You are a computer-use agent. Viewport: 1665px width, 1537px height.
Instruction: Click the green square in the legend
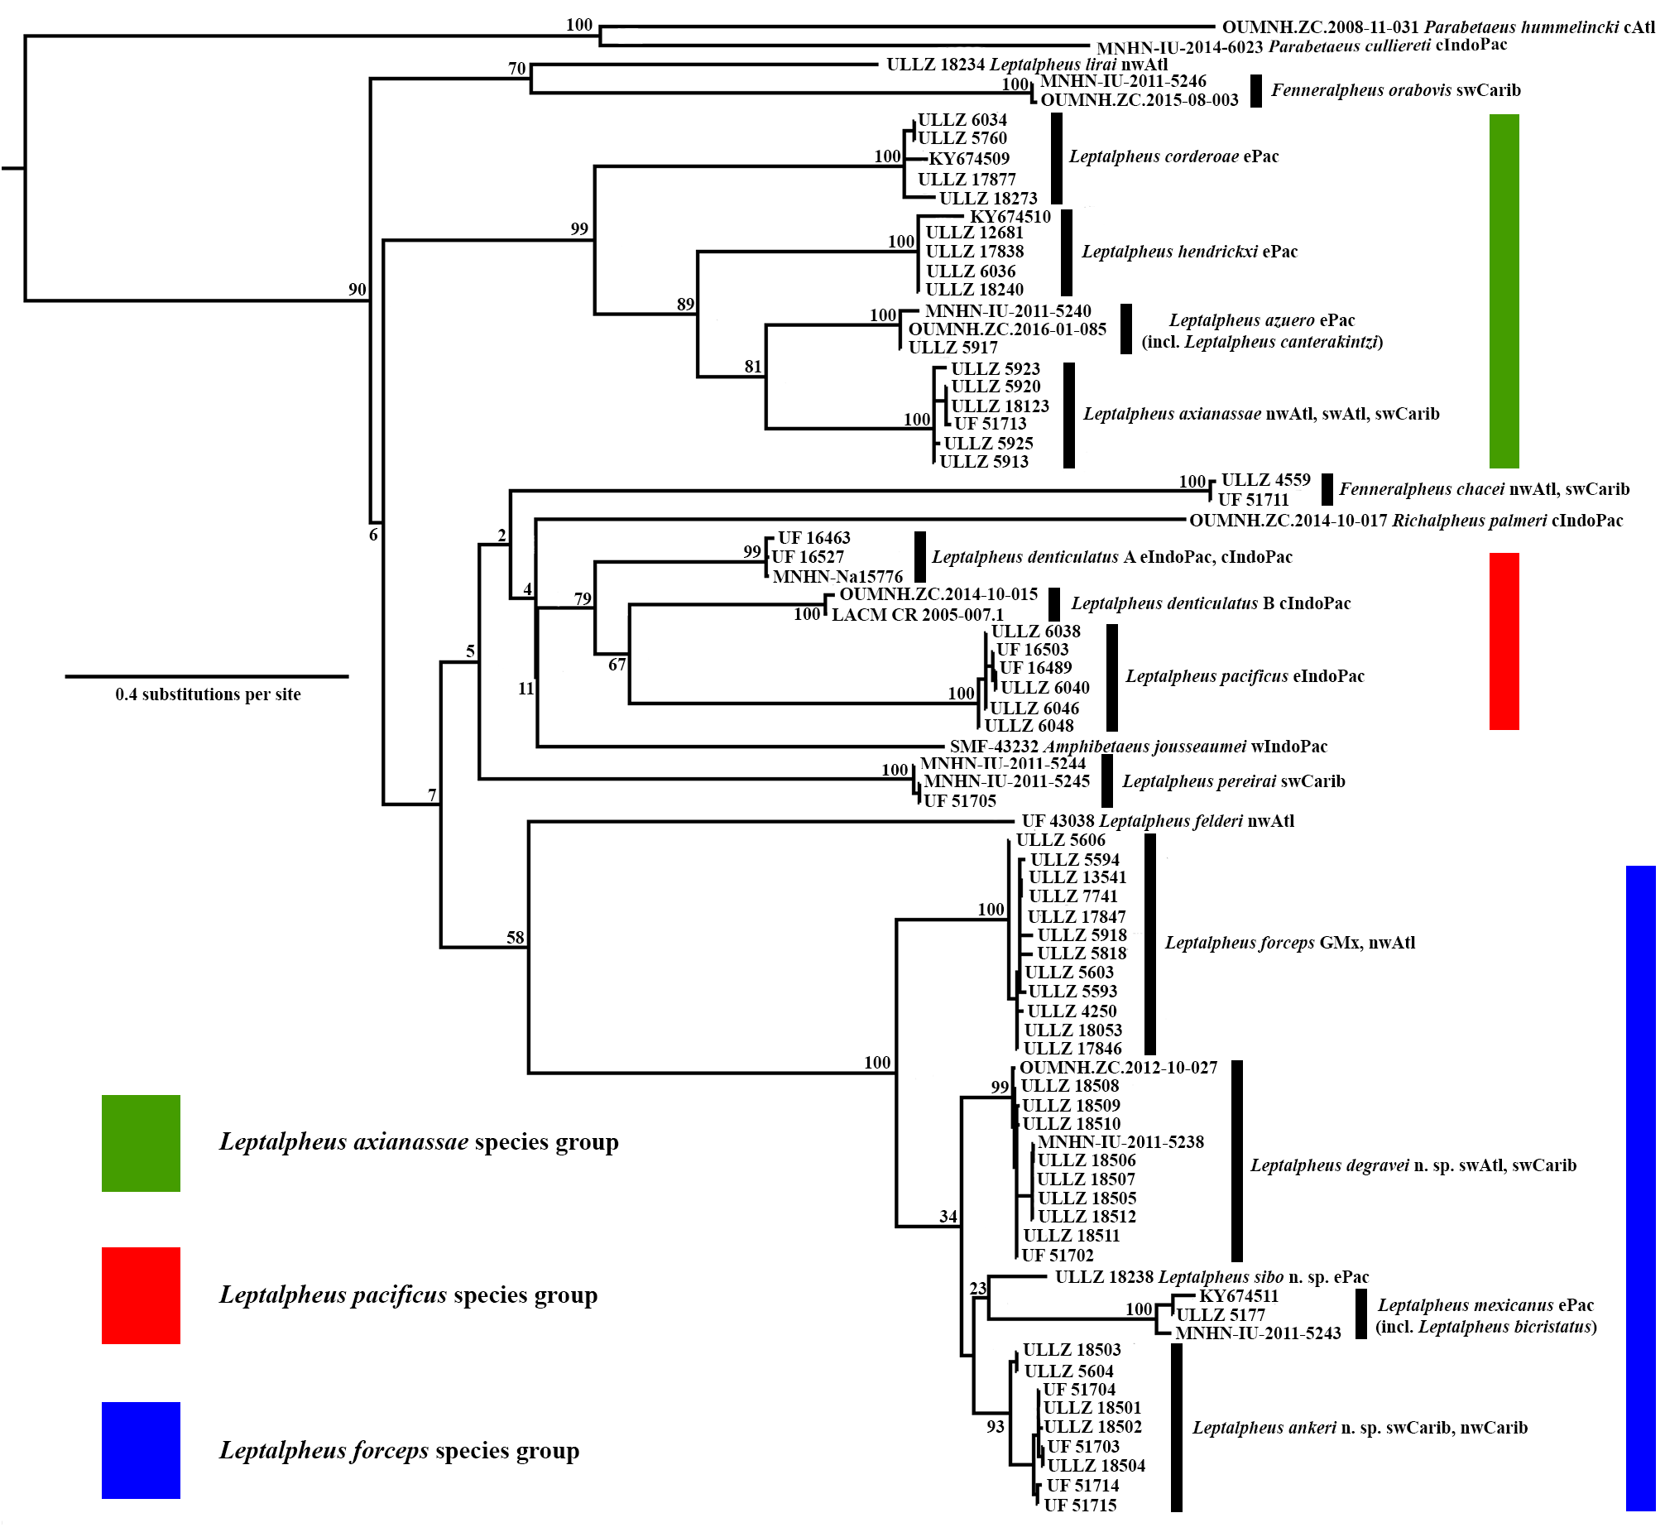coord(141,1143)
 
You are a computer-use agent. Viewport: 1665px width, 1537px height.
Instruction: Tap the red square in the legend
coord(141,1295)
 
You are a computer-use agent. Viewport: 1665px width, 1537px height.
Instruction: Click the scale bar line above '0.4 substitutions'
coord(206,676)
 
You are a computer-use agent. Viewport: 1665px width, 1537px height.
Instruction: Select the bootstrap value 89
coord(685,305)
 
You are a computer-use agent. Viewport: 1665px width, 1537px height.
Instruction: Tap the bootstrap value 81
coord(753,367)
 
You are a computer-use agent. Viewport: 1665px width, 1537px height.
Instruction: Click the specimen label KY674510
coord(1010,217)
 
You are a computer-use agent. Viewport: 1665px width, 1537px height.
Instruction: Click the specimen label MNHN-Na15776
coord(837,576)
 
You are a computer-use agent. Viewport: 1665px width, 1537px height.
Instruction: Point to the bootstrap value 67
coord(617,665)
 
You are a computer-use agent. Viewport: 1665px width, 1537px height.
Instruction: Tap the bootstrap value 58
coord(515,938)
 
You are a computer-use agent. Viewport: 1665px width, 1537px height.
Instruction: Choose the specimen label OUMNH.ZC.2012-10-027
coord(1118,1068)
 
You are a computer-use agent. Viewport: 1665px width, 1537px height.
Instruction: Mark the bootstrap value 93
coord(995,1427)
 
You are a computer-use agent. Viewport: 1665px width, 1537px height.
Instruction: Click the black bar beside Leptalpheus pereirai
coord(1107,781)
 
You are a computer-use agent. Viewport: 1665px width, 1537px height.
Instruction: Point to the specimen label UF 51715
coord(1079,1506)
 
